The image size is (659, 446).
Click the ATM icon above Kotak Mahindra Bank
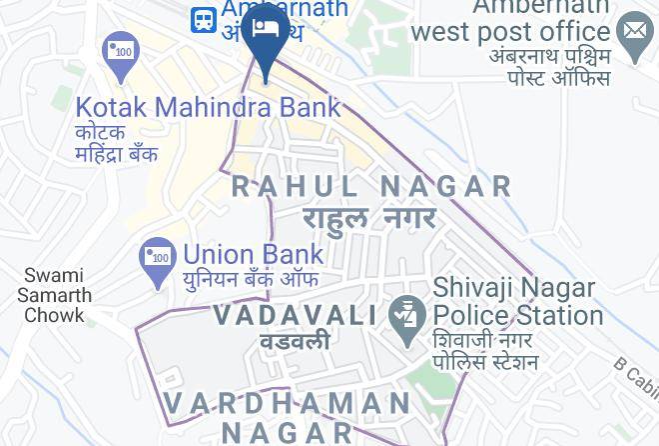click(x=120, y=52)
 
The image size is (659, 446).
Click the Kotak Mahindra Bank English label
click(x=208, y=107)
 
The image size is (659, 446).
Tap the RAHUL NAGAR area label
click(x=371, y=186)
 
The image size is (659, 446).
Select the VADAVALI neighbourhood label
click(x=295, y=316)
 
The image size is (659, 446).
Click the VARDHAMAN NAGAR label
click(x=288, y=417)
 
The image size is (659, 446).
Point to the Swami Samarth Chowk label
click(x=56, y=295)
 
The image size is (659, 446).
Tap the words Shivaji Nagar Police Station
click(x=517, y=301)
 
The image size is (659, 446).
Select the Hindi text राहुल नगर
click(x=370, y=217)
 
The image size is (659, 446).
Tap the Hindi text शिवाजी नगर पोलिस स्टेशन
click(x=486, y=350)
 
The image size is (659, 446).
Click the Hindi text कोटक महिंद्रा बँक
click(x=117, y=144)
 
